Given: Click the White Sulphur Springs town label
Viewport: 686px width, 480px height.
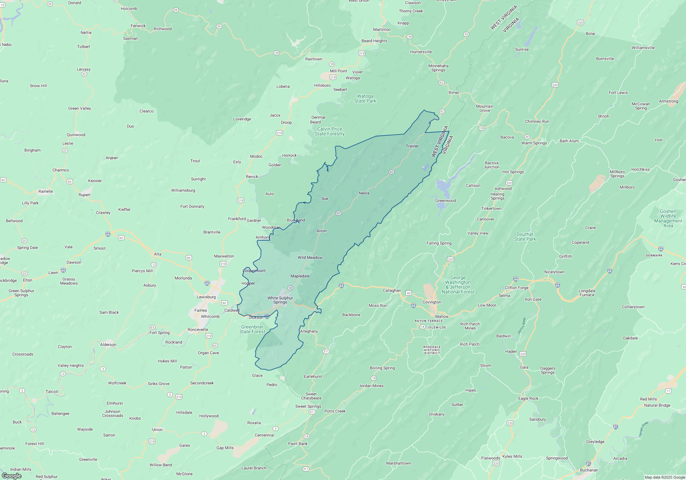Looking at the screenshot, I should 280,300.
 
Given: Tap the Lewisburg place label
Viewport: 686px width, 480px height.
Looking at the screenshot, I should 206,297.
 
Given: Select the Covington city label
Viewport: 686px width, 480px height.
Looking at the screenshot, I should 431,302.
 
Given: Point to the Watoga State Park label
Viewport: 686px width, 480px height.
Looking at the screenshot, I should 365,99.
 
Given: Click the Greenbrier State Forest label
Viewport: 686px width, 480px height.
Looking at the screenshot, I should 252,329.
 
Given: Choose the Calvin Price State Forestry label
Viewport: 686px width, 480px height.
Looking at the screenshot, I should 330,132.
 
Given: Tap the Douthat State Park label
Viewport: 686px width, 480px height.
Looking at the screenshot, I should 525,237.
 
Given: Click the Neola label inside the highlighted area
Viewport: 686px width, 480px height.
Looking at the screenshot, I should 364,193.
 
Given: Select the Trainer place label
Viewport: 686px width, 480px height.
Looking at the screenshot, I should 412,146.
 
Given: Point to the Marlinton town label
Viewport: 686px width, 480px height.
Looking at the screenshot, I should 382,29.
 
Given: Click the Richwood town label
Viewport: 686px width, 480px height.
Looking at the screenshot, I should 163,29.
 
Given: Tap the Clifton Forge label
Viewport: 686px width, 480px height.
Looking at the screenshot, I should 517,288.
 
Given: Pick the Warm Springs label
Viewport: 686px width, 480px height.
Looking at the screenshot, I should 534,143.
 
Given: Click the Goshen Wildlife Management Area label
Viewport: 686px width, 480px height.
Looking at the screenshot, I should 668,218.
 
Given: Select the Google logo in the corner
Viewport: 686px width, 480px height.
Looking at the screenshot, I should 11,476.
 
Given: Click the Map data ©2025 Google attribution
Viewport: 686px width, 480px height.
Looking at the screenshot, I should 664,477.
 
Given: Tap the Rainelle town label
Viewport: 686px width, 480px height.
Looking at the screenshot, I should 46,191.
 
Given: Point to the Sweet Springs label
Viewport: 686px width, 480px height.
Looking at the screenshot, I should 308,406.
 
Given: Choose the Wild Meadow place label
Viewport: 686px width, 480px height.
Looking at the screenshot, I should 310,257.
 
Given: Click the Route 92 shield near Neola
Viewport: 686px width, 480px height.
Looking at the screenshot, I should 391,172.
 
